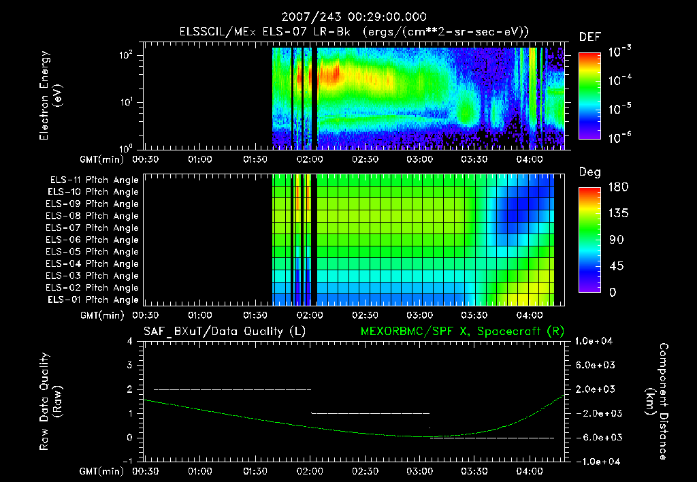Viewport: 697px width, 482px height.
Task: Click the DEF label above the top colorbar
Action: (x=589, y=37)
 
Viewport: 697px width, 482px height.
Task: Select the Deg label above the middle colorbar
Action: (x=589, y=172)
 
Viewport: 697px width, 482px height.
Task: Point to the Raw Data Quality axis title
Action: (x=50, y=401)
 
